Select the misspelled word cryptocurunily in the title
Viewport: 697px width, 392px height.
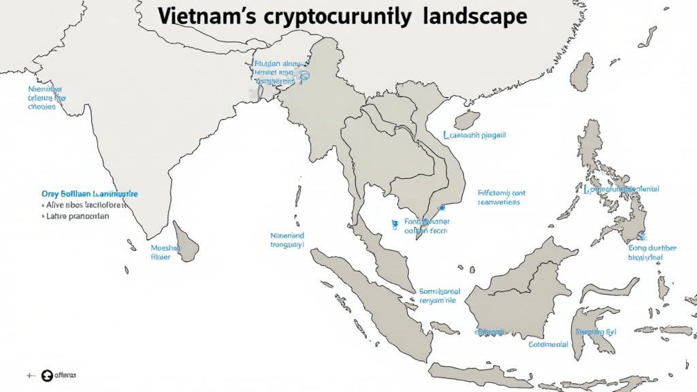click(x=336, y=18)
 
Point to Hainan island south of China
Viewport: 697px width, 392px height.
click(x=467, y=120)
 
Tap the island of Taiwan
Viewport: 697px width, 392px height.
click(x=582, y=71)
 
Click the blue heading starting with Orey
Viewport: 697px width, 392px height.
click(x=89, y=194)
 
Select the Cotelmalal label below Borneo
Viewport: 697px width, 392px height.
click(x=548, y=344)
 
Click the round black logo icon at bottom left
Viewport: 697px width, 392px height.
click(x=47, y=375)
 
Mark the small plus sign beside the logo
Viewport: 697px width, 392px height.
click(x=30, y=375)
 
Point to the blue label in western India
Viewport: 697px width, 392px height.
click(x=46, y=98)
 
